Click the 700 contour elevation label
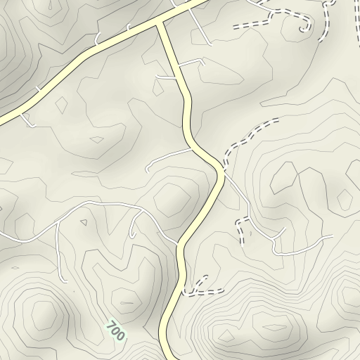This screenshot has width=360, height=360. pos(115,330)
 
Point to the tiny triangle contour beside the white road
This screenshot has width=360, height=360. pos(84,223)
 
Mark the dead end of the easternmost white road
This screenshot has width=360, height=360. pos(331,236)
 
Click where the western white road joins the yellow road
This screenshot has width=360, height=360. pos(176,245)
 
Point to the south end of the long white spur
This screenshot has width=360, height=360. pos(66,281)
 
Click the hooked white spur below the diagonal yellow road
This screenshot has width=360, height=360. pos(29,123)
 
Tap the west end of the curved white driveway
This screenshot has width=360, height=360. pos(147,170)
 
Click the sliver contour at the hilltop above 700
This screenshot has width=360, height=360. pos(127,303)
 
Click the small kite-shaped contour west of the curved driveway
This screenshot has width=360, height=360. pos(98,139)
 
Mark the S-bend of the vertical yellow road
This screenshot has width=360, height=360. pos(188,112)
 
